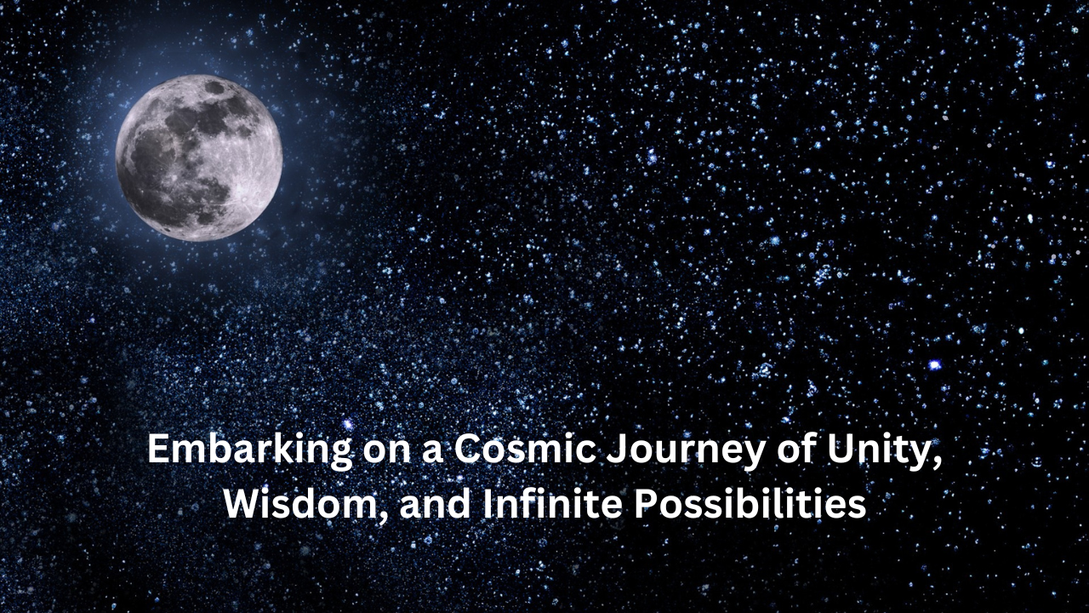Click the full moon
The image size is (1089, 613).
pyautogui.click(x=199, y=158)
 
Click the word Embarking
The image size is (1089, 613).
pyautogui.click(x=250, y=451)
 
